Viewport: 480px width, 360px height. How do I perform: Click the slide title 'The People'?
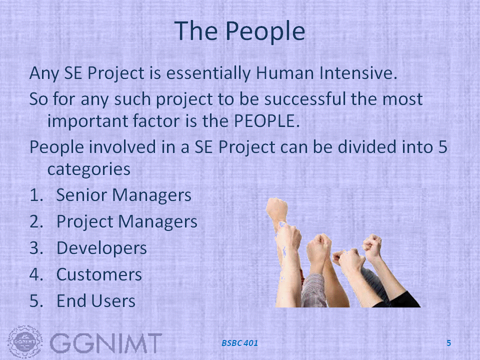tap(239, 31)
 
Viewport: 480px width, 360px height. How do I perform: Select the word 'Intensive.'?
tap(358, 73)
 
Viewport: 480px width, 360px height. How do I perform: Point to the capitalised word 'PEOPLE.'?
tap(266, 121)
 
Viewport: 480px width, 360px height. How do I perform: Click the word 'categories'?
tap(89, 169)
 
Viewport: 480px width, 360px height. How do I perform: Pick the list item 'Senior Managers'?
tap(123, 195)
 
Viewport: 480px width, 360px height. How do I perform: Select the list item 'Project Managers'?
tap(126, 221)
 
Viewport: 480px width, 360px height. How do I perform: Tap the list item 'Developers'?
tap(101, 248)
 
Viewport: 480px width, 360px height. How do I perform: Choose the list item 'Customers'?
tap(99, 274)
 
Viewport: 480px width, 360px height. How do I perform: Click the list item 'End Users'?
tap(96, 301)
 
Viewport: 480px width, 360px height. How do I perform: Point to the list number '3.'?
tap(36, 248)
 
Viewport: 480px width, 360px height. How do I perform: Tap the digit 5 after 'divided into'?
tap(442, 147)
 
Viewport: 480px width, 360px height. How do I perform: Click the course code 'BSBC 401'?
tap(239, 343)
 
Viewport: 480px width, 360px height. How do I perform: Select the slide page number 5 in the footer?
tap(449, 343)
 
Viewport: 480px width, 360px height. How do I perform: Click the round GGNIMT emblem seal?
tap(25, 342)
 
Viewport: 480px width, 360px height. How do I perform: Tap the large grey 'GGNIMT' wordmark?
tap(105, 343)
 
